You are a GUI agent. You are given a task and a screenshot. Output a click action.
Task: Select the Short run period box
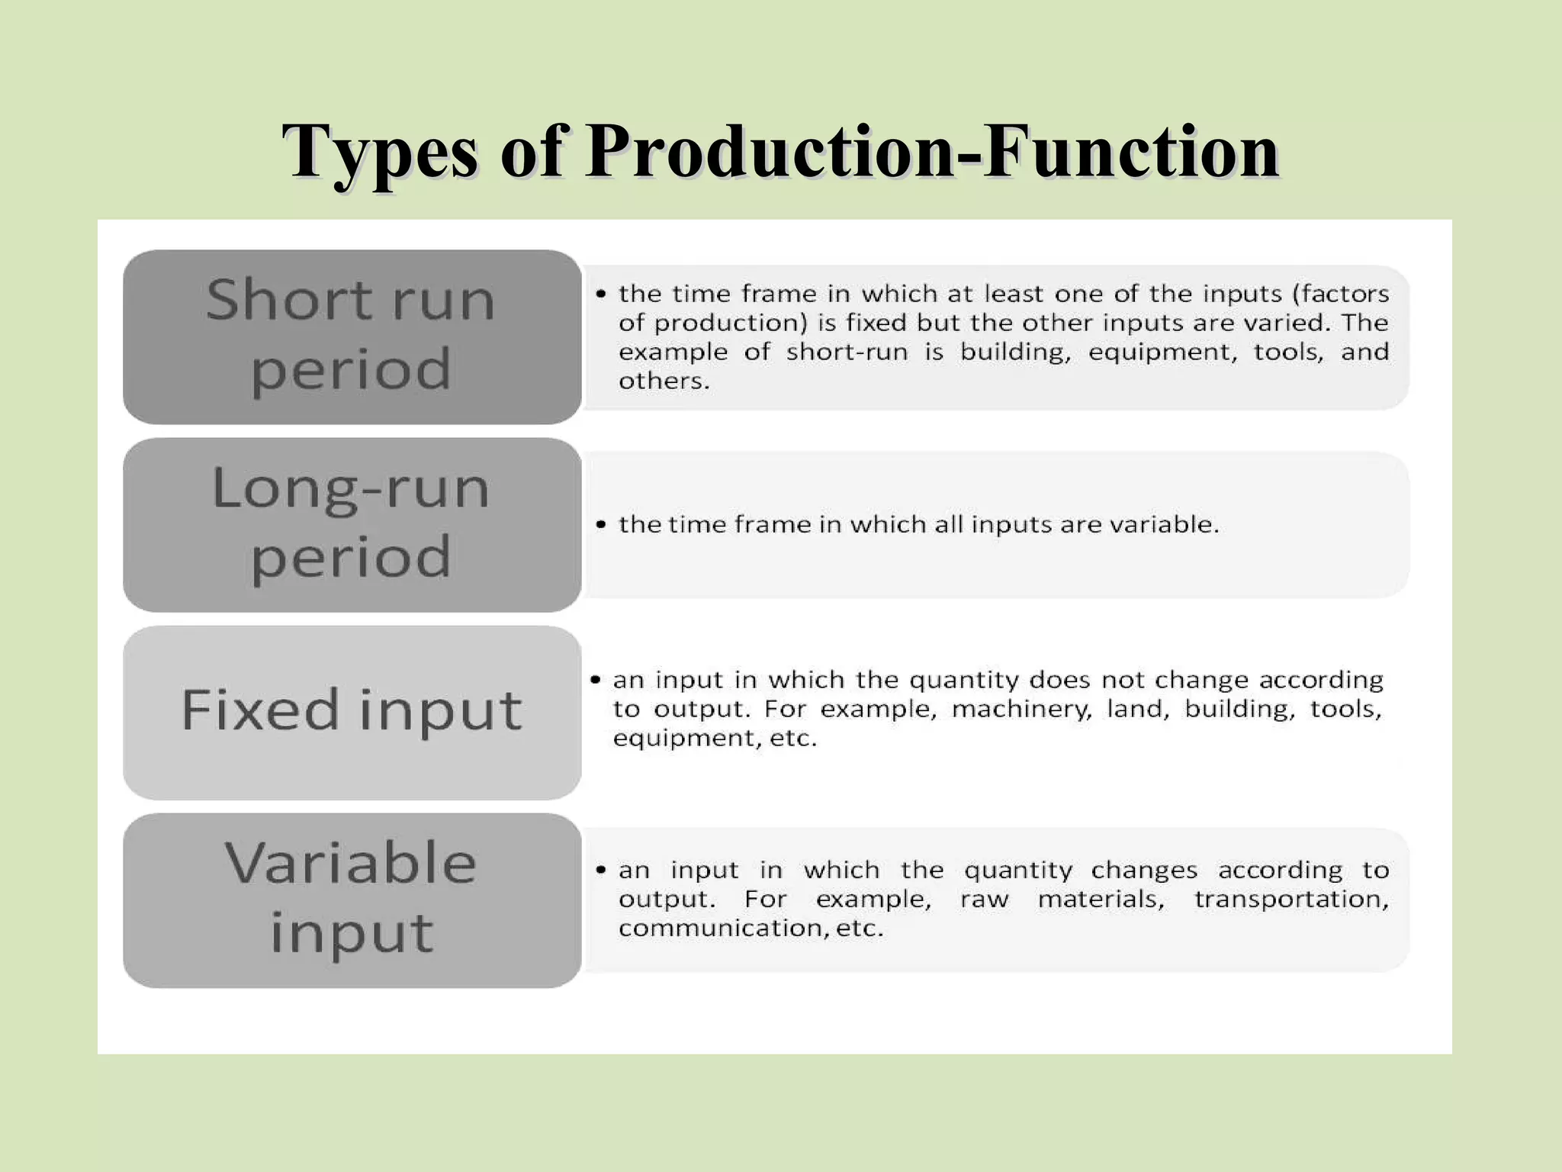pyautogui.click(x=352, y=336)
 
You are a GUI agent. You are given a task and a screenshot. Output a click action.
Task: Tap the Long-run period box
pyautogui.click(x=352, y=524)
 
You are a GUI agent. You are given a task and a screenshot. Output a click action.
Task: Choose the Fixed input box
pyautogui.click(x=352, y=712)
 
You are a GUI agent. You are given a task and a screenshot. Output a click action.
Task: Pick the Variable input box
pyautogui.click(x=352, y=900)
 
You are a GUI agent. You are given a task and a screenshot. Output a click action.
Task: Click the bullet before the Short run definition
pyautogui.click(x=602, y=294)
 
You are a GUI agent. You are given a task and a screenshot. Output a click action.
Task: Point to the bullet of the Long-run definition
pyautogui.click(x=602, y=525)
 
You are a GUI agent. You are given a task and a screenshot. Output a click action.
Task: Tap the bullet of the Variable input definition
pyautogui.click(x=602, y=870)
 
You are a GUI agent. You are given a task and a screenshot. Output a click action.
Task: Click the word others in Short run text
pyautogui.click(x=663, y=381)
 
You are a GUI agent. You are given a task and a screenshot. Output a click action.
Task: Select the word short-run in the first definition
pyautogui.click(x=847, y=352)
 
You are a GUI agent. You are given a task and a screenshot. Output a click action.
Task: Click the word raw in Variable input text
pyautogui.click(x=984, y=899)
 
